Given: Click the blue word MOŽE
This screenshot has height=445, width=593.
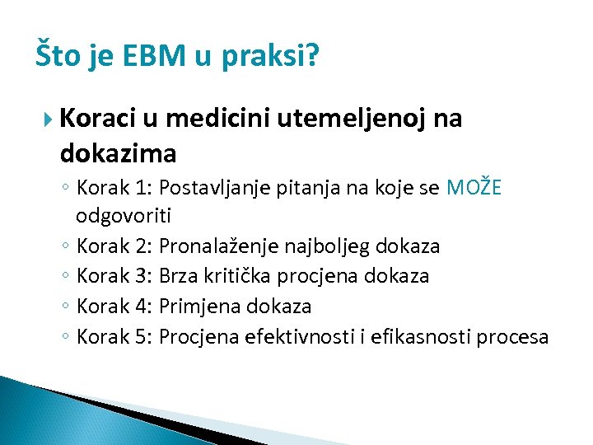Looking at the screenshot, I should click(474, 188).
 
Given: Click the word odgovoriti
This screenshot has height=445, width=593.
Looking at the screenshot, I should click(124, 216).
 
